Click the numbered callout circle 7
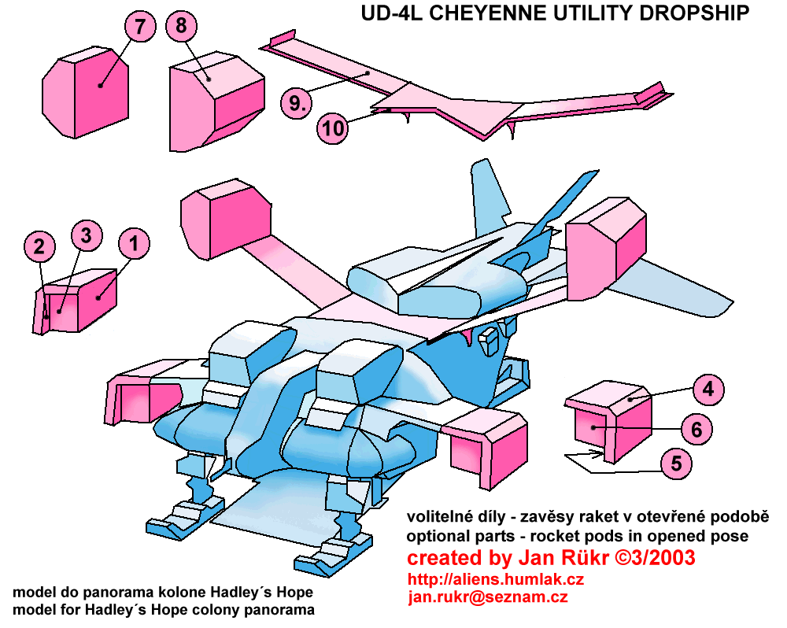click(x=139, y=27)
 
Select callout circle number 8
click(x=181, y=27)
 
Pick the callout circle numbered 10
click(x=334, y=128)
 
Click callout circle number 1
click(x=134, y=244)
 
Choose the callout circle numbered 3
click(x=87, y=235)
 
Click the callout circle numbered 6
click(x=696, y=429)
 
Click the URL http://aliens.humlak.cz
click(x=496, y=579)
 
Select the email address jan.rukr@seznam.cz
click(x=488, y=597)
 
